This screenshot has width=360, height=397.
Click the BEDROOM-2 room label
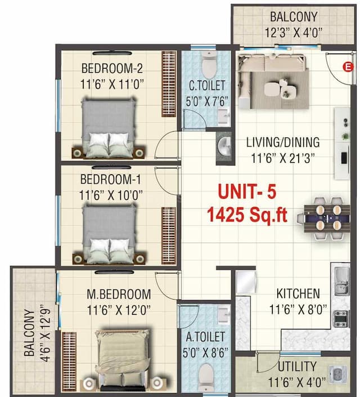(112, 69)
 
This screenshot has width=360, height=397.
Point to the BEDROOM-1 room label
(111, 180)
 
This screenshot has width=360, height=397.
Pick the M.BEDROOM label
(119, 293)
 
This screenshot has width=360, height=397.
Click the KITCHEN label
(298, 293)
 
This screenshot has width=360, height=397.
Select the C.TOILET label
(207, 86)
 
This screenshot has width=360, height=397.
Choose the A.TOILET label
(206, 337)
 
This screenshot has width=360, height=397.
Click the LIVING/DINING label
(283, 142)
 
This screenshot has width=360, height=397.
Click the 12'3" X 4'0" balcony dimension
(292, 33)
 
